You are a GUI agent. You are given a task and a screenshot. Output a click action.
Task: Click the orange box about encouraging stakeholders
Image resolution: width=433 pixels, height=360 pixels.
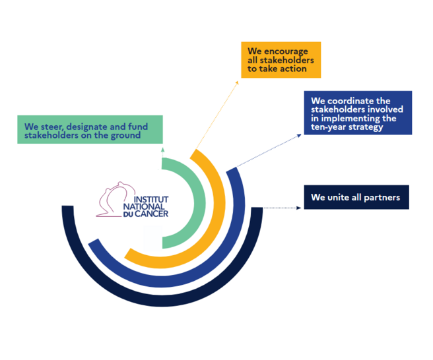click(x=281, y=60)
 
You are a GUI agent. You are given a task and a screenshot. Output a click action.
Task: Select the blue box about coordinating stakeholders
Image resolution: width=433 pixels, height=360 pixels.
click(x=358, y=113)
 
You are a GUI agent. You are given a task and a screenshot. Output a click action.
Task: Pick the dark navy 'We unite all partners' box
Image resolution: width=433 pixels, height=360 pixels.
click(x=356, y=198)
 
